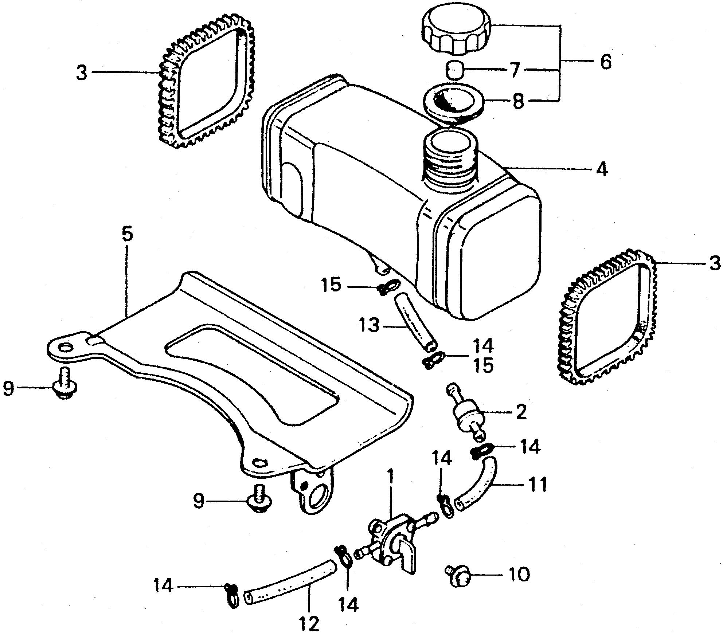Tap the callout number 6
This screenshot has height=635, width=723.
pyautogui.click(x=605, y=62)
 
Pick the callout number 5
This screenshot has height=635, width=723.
pyautogui.click(x=127, y=235)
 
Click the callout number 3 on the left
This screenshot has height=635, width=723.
pyautogui.click(x=82, y=73)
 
